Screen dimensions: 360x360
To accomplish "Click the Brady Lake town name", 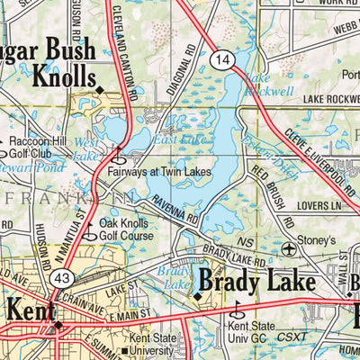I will coord(256,281).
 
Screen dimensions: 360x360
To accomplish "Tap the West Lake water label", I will coord(87,149).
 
